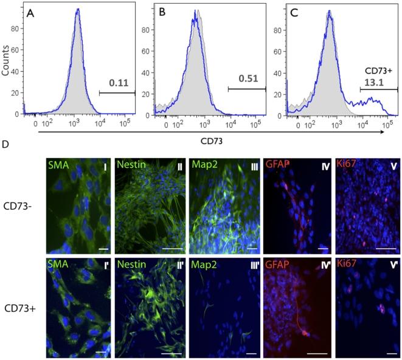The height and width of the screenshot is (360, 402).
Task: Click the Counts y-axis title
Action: (6, 58)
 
